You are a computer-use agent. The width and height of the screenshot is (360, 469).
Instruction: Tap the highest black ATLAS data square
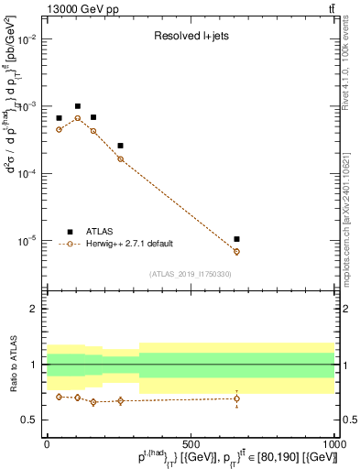point(78,106)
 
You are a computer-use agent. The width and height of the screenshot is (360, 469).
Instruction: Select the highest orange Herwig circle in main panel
point(78,118)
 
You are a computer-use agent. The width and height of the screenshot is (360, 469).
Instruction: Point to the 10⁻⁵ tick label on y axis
point(27,241)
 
